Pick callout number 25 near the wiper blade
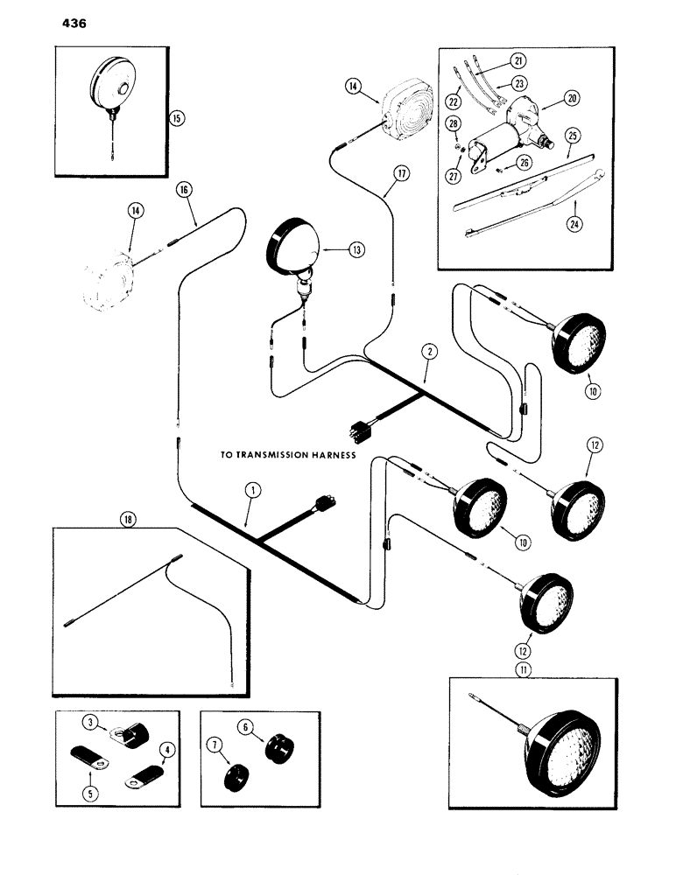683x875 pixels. [x=574, y=138]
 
